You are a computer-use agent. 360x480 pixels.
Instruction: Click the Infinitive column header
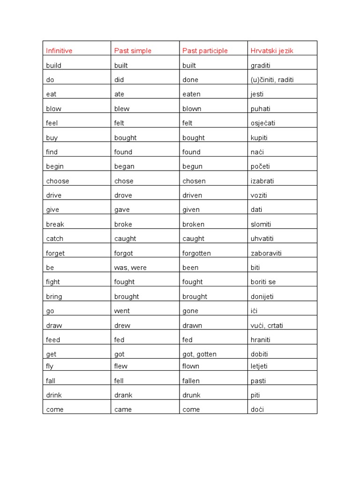point(59,51)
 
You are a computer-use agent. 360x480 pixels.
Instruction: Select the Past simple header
point(133,51)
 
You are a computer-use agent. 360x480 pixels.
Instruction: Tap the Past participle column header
point(205,51)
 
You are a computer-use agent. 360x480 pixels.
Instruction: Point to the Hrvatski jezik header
point(272,51)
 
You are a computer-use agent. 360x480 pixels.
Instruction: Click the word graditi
point(261,66)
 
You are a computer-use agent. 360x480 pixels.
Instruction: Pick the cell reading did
point(119,80)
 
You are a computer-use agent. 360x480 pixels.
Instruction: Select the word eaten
point(191,94)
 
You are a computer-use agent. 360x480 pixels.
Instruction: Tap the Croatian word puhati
point(261,109)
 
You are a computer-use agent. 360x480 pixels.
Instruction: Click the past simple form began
point(124,166)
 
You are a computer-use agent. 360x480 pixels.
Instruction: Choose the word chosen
point(194,181)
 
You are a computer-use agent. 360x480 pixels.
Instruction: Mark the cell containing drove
point(123,195)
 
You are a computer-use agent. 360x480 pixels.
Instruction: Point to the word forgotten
point(197,253)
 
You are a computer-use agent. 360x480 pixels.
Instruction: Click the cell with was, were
point(130,268)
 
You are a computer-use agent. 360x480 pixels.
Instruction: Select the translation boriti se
point(263,282)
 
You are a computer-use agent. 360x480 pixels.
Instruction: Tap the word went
point(122,311)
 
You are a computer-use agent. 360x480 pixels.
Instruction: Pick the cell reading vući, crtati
point(267,325)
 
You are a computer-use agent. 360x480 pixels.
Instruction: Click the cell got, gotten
point(200,354)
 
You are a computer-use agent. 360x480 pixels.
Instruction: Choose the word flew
point(121,366)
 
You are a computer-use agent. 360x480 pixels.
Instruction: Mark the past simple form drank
point(123,395)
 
